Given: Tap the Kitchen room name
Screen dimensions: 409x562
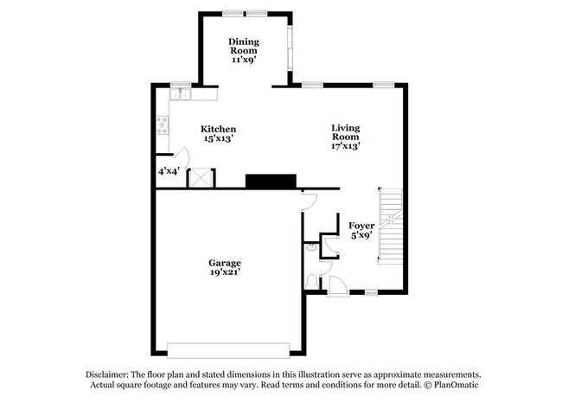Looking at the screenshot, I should pos(218,129).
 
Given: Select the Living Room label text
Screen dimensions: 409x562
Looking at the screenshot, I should pos(346,132).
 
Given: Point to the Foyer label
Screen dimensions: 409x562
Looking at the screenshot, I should pos(361,225).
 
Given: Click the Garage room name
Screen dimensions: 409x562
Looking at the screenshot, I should pos(224,263).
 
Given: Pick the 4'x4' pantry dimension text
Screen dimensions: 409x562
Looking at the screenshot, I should pos(169,171).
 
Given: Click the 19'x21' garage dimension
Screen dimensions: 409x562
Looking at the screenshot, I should pos(224,272).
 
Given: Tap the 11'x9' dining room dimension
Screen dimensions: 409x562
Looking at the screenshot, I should pos(244,60).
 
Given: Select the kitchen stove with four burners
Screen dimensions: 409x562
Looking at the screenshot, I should pos(161,125).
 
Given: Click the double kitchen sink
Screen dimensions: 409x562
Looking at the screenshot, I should pos(181,94).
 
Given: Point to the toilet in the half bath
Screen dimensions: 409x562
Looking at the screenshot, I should pos(312,280).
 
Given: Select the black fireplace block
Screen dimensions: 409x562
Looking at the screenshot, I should pos(271,181).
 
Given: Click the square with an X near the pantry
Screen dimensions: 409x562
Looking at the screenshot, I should pos(201,176).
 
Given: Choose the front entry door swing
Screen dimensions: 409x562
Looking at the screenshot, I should pos(337,286).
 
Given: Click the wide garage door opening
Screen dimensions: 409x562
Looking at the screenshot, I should pos(228,349).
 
